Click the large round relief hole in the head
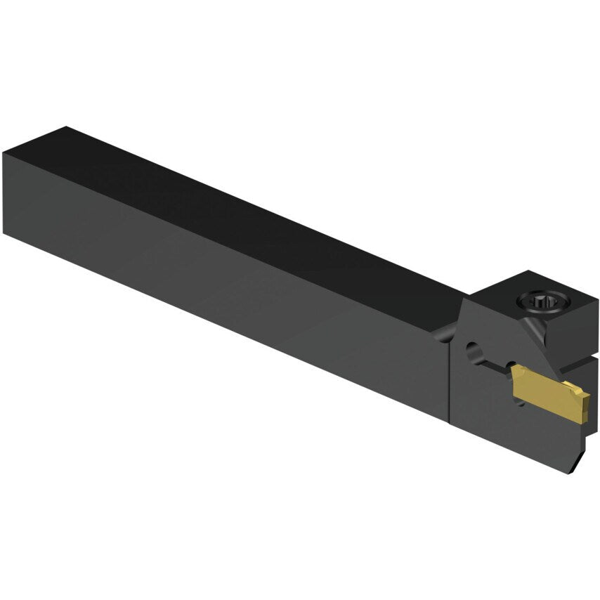click(x=474, y=348)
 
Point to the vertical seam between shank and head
click(x=448, y=379)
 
